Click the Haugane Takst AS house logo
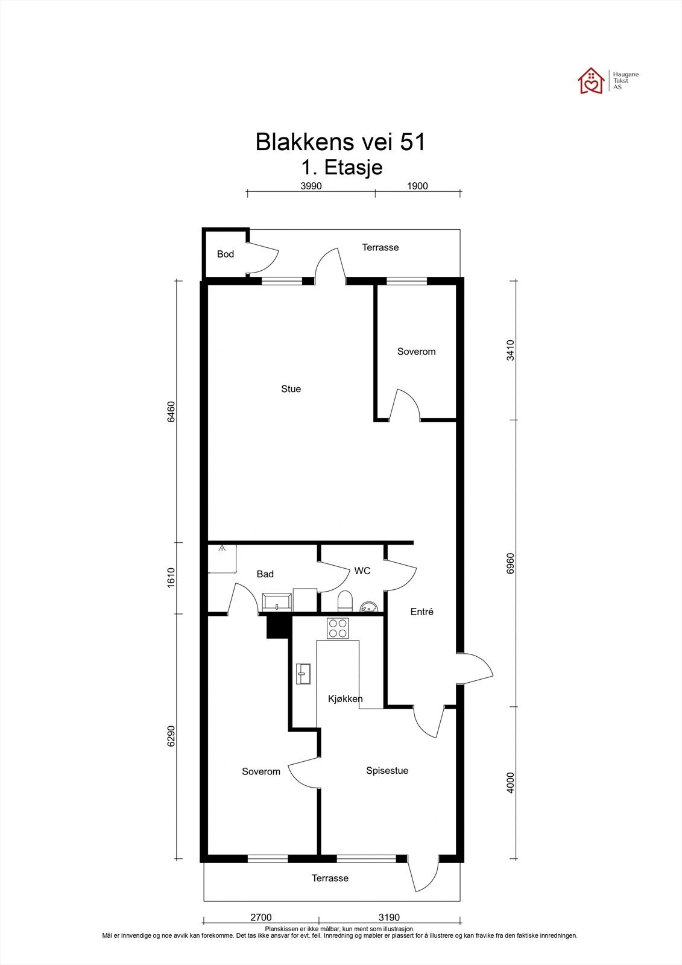[591, 81]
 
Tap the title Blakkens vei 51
[340, 142]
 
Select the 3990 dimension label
[311, 186]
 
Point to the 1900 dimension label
[417, 186]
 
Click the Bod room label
[226, 254]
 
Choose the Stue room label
[291, 389]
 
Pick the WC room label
[362, 571]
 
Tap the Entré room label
[422, 612]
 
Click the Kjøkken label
[345, 699]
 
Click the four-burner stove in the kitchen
[338, 628]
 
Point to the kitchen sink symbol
[303, 673]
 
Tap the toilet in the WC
[345, 601]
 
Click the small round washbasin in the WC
[369, 607]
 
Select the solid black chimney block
[277, 627]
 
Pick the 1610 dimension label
[171, 578]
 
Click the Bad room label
[265, 574]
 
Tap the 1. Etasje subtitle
[342, 167]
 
